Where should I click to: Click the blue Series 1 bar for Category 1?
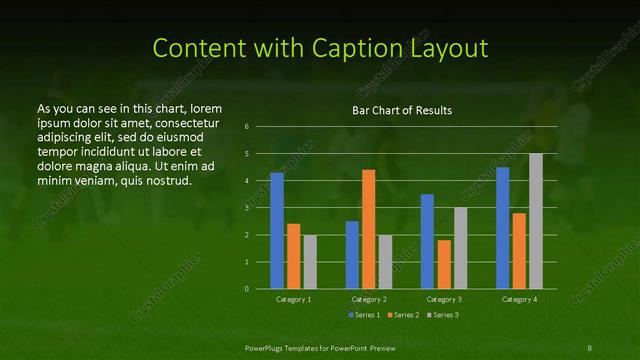pos(277,231)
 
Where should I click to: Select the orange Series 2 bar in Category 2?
pos(369,229)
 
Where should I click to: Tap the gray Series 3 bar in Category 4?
pos(536,221)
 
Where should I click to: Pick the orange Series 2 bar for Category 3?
pos(444,264)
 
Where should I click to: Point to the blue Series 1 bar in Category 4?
pos(503,228)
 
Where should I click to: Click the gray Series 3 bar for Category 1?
pos(310,262)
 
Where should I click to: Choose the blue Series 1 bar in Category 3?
pos(427,241)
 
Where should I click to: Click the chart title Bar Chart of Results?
pos(401,110)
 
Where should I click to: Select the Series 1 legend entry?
pos(363,315)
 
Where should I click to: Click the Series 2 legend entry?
pos(402,315)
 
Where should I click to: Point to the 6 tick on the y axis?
pos(247,127)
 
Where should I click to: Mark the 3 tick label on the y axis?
pos(247,208)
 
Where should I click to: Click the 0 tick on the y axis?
pos(247,289)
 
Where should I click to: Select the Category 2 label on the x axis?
pos(369,299)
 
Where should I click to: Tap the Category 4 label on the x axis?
pos(519,299)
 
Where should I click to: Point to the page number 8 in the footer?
pos(590,346)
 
